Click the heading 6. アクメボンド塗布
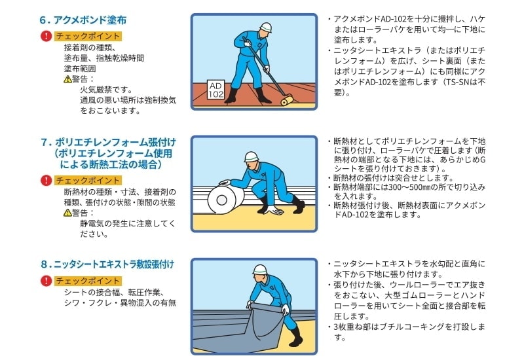click(x=83, y=20)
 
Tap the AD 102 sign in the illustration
click(x=215, y=90)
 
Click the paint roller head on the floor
click(x=286, y=99)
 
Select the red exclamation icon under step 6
click(x=46, y=36)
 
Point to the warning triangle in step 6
click(x=67, y=79)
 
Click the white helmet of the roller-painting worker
click(x=266, y=27)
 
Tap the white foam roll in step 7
click(x=222, y=200)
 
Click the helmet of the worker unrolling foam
click(x=252, y=156)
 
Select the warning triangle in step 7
click(x=67, y=213)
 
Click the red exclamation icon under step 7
click(x=46, y=181)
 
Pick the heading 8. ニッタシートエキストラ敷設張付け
click(x=107, y=264)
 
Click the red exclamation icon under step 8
click(x=46, y=281)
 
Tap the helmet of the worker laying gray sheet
click(x=260, y=270)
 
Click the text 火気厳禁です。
click(x=107, y=90)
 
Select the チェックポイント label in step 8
click(x=88, y=281)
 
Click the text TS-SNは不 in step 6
click(x=466, y=82)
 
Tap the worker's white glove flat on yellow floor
click(x=275, y=210)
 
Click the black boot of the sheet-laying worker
click(x=296, y=337)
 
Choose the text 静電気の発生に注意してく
click(x=128, y=223)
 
